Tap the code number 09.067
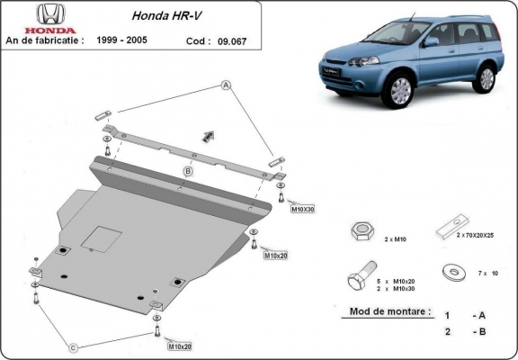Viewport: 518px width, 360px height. coord(225,40)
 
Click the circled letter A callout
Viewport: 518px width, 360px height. coord(226,85)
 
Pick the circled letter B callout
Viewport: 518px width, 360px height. coord(188,171)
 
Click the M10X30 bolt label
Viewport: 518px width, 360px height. coord(302,209)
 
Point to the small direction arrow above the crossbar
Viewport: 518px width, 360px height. coord(209,134)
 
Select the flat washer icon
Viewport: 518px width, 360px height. coord(447,271)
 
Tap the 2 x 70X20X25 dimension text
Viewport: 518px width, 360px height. coord(476,235)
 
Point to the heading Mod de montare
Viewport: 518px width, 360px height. coord(385,312)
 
